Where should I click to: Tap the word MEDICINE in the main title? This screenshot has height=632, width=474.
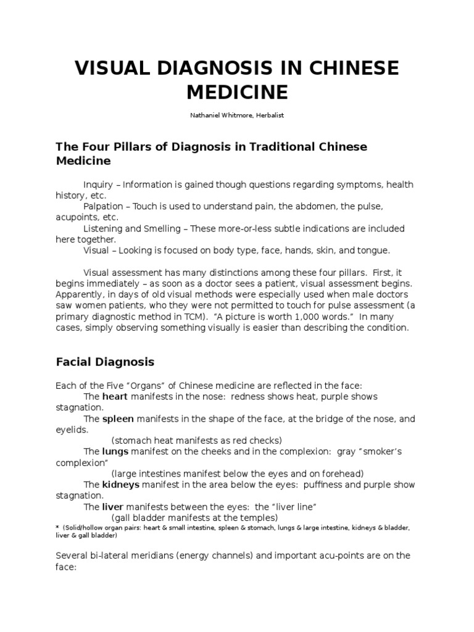coord(237,92)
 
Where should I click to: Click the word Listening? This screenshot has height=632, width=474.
coord(104,228)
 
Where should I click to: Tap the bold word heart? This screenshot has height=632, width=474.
coord(114,396)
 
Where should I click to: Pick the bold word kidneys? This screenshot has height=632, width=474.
coord(121,484)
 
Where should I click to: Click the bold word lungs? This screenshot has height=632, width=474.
coord(115,451)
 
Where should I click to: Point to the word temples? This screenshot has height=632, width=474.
coord(257,517)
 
